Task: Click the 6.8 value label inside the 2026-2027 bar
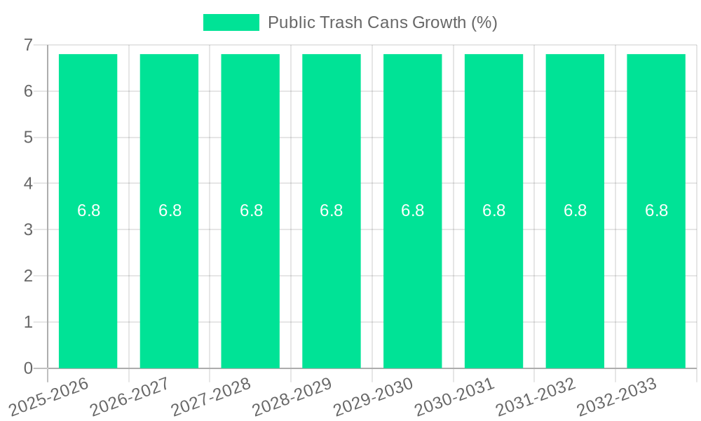[170, 210]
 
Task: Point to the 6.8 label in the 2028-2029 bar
[332, 210]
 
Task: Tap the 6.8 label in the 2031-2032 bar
[575, 210]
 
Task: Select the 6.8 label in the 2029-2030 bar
[413, 210]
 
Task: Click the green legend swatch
[231, 22]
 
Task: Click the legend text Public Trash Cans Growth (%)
[382, 22]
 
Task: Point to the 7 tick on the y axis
[28, 45]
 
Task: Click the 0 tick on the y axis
[28, 368]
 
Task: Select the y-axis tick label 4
[28, 184]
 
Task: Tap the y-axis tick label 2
[28, 276]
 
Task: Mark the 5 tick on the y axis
[28, 138]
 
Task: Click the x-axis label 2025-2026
[50, 396]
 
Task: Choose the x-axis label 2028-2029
[292, 396]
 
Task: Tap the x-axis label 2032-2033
[617, 396]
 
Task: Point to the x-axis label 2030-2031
[455, 396]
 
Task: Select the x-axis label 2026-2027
[130, 396]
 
